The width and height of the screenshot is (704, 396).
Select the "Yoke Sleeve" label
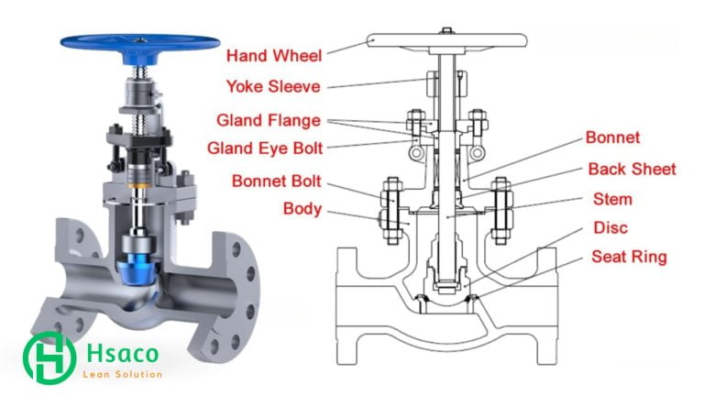(x=274, y=88)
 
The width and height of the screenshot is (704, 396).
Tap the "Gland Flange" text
(x=269, y=120)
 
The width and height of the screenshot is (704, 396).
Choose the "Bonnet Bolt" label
(x=275, y=180)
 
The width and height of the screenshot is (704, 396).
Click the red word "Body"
(x=301, y=208)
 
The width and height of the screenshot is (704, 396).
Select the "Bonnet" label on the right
(x=612, y=138)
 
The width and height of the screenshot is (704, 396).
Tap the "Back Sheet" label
(x=632, y=169)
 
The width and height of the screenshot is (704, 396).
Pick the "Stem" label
(x=612, y=199)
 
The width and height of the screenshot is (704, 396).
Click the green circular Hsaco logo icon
(x=49, y=357)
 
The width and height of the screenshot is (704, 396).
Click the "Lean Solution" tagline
(x=122, y=374)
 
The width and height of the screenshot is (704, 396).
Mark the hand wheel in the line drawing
(x=446, y=40)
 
